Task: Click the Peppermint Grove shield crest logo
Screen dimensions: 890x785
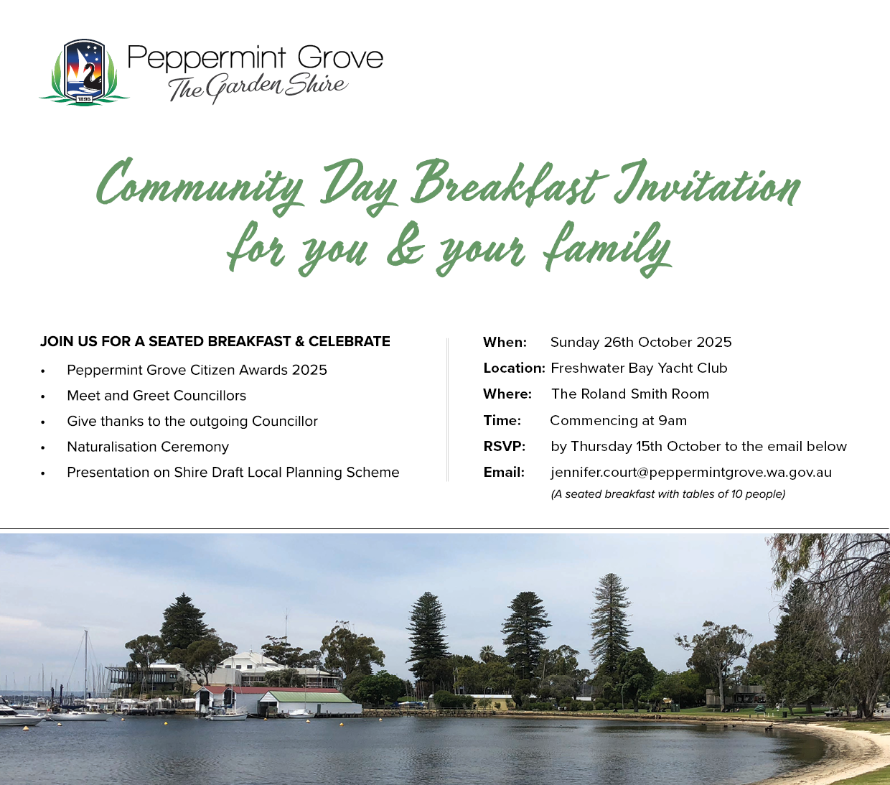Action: click(x=85, y=72)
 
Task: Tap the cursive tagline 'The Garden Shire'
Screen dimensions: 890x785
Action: click(x=258, y=88)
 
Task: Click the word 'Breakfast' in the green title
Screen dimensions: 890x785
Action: click(x=509, y=184)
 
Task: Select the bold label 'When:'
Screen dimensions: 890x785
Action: click(x=505, y=342)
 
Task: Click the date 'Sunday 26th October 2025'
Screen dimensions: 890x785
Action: click(x=641, y=342)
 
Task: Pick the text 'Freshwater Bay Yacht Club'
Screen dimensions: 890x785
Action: click(x=639, y=368)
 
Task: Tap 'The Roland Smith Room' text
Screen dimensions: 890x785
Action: click(x=630, y=394)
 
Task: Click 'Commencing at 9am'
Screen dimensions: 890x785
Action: click(x=618, y=421)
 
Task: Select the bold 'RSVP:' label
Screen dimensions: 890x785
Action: click(x=505, y=447)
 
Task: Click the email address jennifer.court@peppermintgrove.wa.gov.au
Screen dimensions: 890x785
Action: click(x=691, y=473)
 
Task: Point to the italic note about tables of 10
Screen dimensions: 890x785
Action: click(x=667, y=494)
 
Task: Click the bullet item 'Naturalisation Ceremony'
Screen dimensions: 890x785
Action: click(x=148, y=447)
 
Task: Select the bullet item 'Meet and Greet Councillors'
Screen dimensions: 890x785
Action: click(x=156, y=396)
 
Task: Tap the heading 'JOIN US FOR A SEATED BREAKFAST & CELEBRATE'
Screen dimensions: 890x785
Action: click(x=215, y=342)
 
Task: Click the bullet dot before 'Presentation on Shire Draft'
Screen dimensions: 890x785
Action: click(x=42, y=474)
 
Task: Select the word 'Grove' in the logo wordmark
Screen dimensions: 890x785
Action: click(x=340, y=57)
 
